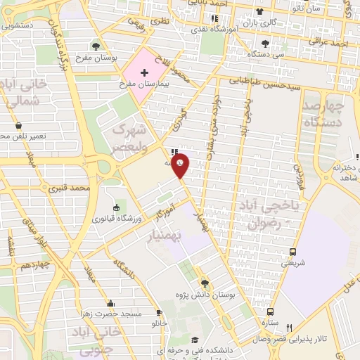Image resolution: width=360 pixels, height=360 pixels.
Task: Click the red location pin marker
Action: [181, 167]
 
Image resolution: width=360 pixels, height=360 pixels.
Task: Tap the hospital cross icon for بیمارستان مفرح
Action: [144, 73]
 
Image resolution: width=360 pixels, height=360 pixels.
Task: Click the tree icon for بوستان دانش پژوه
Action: [205, 283]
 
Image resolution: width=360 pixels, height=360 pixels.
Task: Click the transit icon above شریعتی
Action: [293, 252]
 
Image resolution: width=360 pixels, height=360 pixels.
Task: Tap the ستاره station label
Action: [269, 324]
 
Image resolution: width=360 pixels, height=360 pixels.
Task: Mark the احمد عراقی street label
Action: [332, 44]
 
